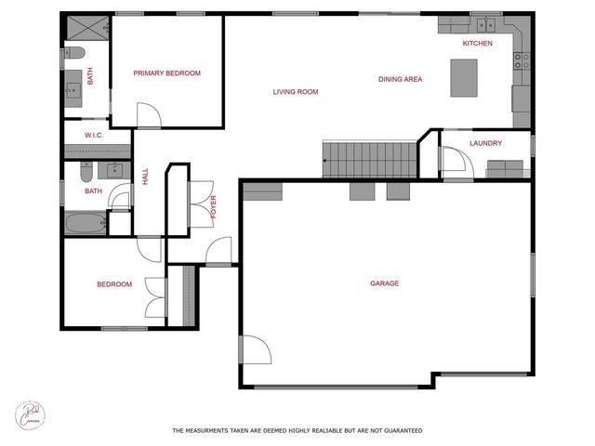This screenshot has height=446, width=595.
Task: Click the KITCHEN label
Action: coord(477,44)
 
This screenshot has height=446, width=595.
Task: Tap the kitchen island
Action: coord(464,77)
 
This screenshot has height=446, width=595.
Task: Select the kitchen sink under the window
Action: coord(484,24)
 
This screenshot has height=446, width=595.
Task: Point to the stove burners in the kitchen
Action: coord(522,61)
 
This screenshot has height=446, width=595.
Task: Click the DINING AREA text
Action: coord(400,80)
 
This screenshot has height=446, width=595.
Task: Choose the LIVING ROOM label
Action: coord(296,92)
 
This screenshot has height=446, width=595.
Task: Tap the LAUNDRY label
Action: coord(485,143)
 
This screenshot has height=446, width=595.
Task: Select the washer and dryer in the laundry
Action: coord(506,169)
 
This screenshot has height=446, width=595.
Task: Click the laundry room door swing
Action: coord(453,164)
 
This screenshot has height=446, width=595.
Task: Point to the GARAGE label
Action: coord(384,283)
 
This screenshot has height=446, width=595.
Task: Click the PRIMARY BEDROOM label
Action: coord(166,73)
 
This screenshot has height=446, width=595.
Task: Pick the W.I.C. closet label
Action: coord(93,136)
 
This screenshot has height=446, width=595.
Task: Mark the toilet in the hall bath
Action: coord(86,173)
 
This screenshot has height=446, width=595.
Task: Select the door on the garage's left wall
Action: coord(253,350)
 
